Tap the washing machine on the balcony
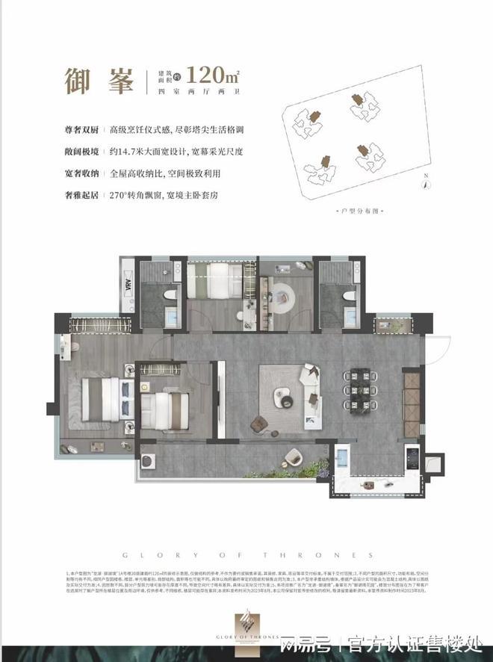click(148, 460)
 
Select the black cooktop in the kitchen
click(411, 455)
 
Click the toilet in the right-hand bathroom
click(346, 297)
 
